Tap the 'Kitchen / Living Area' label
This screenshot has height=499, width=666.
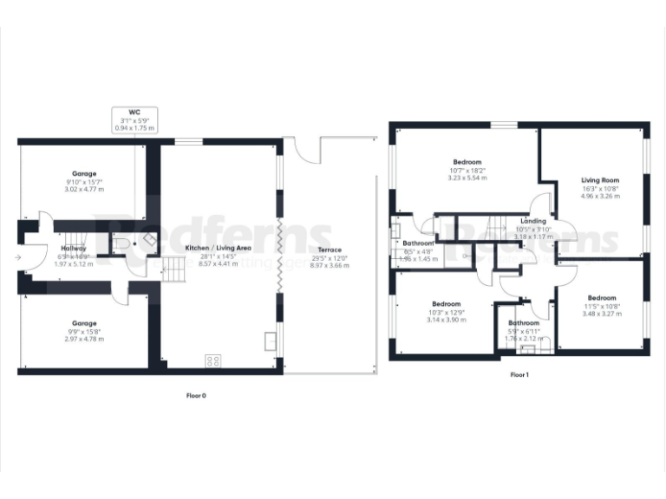(219, 248)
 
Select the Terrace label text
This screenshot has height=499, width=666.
(329, 249)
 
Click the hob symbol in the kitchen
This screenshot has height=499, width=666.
(212, 360)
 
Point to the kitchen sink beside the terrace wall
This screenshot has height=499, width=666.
(271, 340)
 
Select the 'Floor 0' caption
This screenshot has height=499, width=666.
(196, 395)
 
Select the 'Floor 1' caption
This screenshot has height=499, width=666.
(518, 374)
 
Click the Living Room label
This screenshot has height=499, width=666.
(600, 180)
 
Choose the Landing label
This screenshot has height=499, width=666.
(533, 221)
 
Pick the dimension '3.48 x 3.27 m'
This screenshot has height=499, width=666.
(600, 314)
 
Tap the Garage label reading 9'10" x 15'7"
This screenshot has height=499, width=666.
(84, 173)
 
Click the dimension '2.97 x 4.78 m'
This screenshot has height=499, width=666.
(84, 339)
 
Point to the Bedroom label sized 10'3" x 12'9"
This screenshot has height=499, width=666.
(446, 304)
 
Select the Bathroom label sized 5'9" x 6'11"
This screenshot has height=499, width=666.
(524, 323)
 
